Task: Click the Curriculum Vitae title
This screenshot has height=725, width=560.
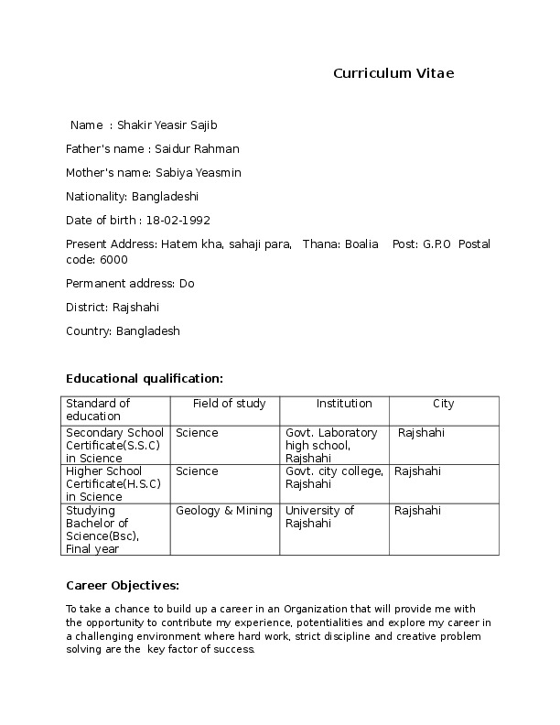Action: (393, 73)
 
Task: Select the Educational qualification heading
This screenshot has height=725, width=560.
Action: (145, 378)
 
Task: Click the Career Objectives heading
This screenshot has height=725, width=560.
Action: (123, 585)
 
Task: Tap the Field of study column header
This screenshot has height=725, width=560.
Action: (229, 404)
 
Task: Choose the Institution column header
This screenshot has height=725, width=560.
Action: (344, 404)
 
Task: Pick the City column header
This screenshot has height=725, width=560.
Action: (443, 404)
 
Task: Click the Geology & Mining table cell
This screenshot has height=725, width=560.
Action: (224, 511)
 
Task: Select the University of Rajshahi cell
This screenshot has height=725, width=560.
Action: (320, 517)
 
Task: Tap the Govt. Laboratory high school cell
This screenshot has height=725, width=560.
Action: (331, 444)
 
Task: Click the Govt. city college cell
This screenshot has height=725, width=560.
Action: (334, 477)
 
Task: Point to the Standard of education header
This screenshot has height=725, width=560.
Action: (99, 410)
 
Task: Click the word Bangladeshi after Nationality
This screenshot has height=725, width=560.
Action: (165, 196)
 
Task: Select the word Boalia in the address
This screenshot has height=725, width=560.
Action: (361, 243)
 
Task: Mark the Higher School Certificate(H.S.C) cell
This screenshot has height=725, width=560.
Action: (113, 483)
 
